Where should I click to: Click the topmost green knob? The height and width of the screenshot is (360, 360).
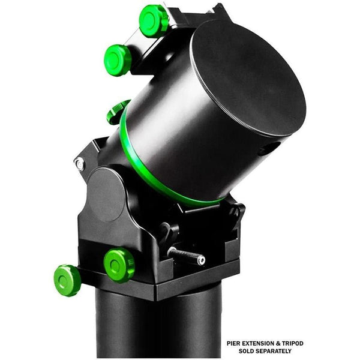154,20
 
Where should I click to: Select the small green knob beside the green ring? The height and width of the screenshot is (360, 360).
118,112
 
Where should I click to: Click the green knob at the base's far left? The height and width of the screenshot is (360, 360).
67,280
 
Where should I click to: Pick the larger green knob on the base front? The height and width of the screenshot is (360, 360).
119,265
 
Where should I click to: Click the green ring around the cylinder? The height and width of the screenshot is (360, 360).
150,174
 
